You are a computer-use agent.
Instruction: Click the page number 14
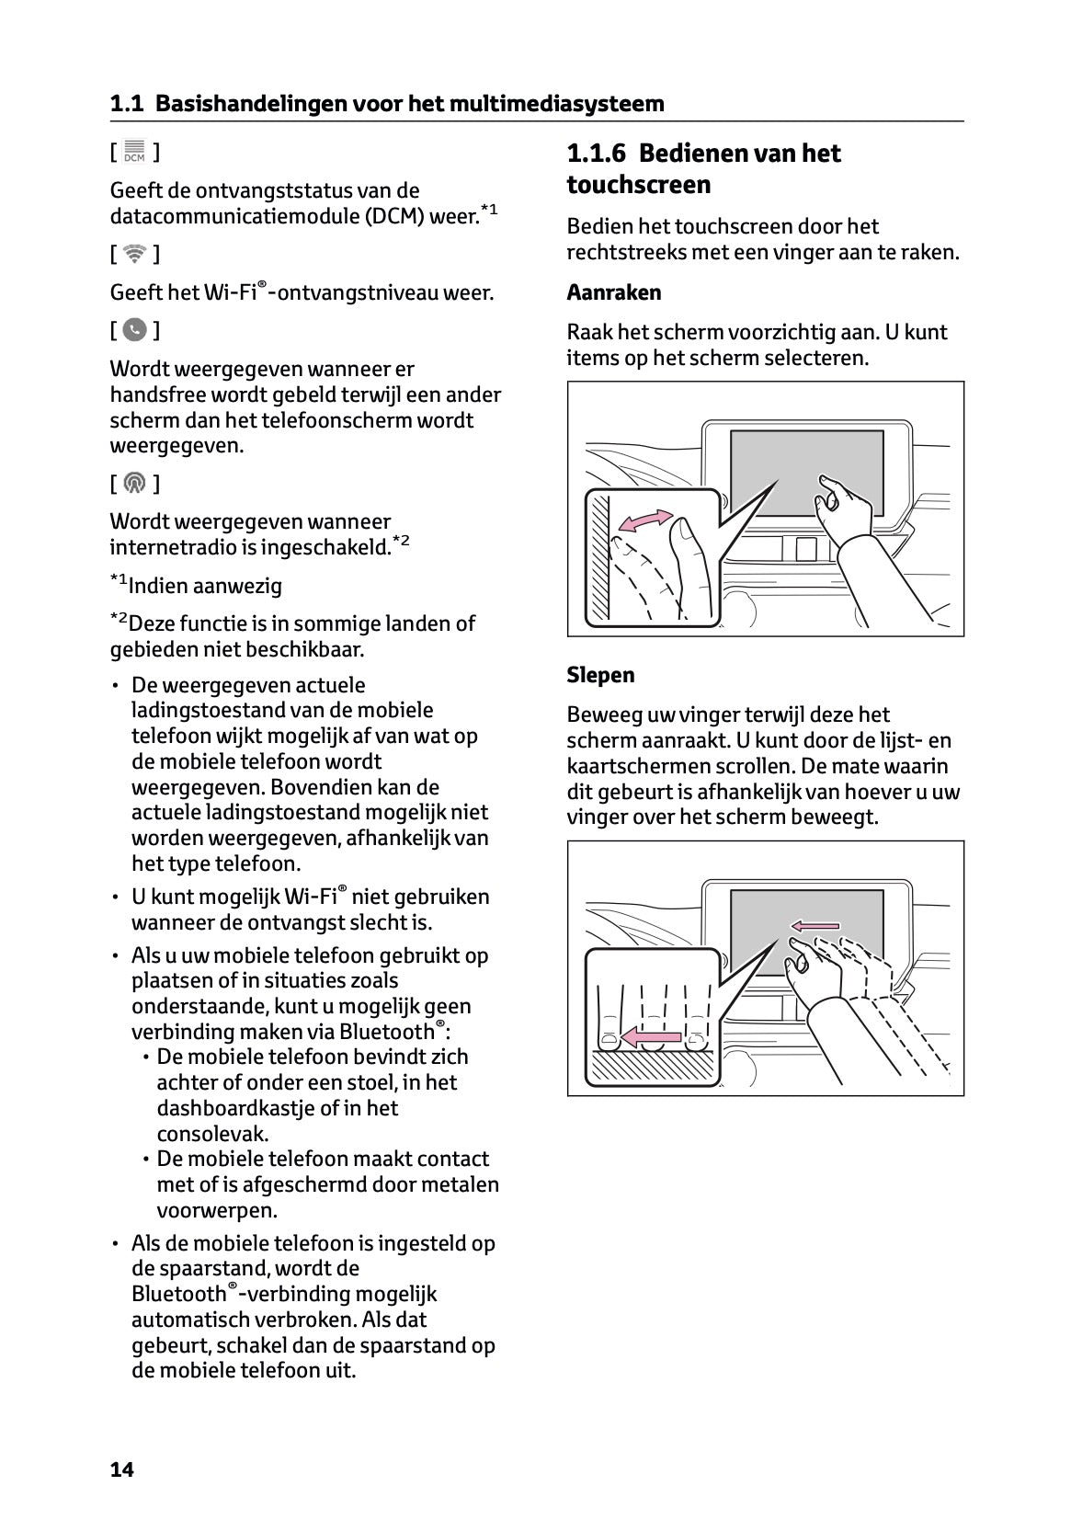pyautogui.click(x=121, y=1469)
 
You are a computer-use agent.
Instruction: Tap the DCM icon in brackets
pyautogui.click(x=134, y=152)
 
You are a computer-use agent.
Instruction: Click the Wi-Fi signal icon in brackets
pyautogui.click(x=134, y=254)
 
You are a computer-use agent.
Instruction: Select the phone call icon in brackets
pyautogui.click(x=134, y=330)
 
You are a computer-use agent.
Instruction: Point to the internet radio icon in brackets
pyautogui.click(x=134, y=483)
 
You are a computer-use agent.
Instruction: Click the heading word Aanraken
pyautogui.click(x=613, y=292)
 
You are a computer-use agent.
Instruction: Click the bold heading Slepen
pyautogui.click(x=600, y=675)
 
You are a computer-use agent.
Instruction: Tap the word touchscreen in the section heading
pyautogui.click(x=638, y=185)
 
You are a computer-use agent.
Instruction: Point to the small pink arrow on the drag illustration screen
pyautogui.click(x=815, y=925)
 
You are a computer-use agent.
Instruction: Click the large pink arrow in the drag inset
pyautogui.click(x=649, y=1037)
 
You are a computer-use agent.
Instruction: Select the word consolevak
pyautogui.click(x=212, y=1134)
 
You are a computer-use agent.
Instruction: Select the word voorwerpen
pyautogui.click(x=217, y=1210)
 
